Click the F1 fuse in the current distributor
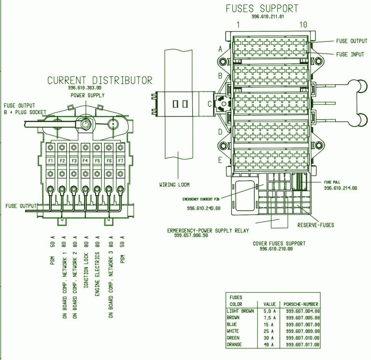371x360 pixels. pos(50,160)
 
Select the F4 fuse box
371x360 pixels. pos(86,160)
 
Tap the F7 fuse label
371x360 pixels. pos(121,160)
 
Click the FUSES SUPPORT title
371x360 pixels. pos(262,9)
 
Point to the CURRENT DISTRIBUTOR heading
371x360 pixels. pos(100,80)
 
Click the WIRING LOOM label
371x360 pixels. pos(174,184)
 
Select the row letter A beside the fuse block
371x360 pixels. pos(220,49)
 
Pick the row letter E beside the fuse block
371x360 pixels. pos(220,160)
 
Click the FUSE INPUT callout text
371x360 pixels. pos(350,55)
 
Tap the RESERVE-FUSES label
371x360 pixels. pos(315,225)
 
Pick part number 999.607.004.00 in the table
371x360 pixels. pos(303,311)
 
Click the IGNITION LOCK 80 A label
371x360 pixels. pos(86,261)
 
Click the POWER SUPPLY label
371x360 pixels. pos(87,95)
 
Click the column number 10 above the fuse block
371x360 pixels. pos(303,25)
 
